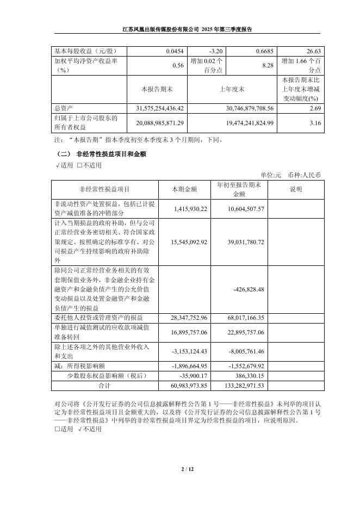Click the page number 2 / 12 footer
(x=179, y=469)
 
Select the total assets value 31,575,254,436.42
(x=156, y=109)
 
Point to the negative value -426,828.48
(x=249, y=289)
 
